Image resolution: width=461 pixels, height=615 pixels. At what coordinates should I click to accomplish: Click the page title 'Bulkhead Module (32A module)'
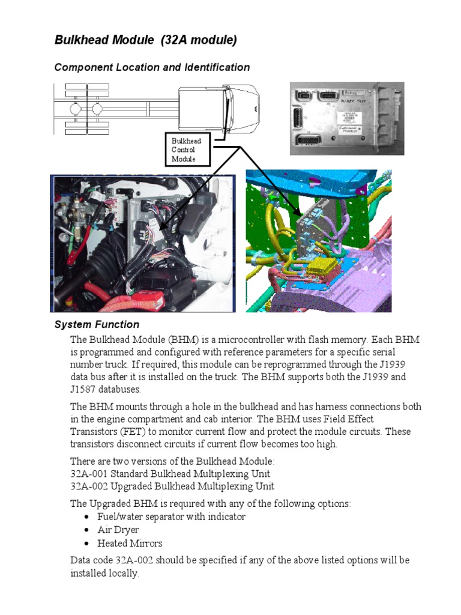tap(146, 40)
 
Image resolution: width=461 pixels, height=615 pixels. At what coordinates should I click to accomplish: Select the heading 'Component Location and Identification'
tap(152, 67)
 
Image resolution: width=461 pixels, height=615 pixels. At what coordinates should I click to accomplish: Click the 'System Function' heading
tap(97, 325)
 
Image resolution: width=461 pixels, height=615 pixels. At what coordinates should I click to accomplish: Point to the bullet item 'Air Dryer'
tap(118, 530)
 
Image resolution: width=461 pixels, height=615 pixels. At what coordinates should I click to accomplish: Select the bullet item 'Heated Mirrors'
tap(130, 543)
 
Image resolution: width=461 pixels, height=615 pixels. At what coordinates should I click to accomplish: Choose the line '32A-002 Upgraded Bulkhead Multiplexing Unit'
tap(172, 486)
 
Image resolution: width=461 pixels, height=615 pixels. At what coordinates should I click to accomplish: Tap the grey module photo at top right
tap(342, 118)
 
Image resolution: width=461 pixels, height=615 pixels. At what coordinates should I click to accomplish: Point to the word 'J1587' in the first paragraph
tap(83, 389)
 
